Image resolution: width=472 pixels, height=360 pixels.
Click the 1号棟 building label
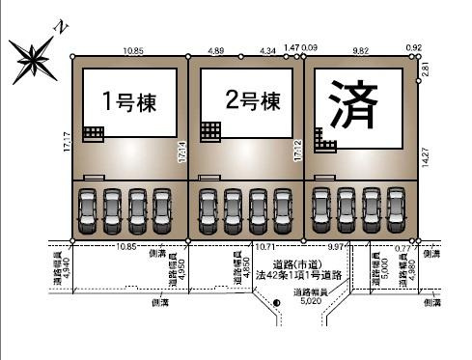(128, 99)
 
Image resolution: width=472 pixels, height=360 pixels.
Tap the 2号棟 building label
(246, 99)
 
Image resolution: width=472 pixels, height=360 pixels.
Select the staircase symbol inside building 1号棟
(93, 133)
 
